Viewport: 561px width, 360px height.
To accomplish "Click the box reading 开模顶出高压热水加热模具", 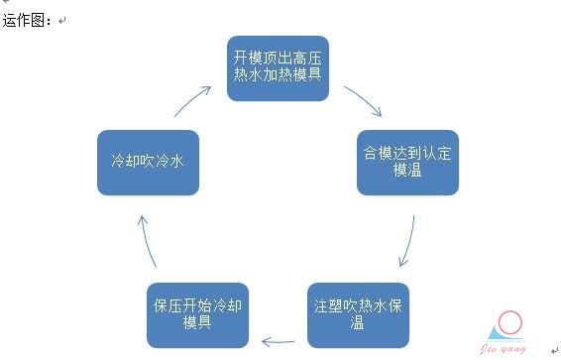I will coord(278,67).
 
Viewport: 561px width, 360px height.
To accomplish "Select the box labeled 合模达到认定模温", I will coord(407,163).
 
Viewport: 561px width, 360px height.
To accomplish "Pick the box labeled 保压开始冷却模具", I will coord(196,314).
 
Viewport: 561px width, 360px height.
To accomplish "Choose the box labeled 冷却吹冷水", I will coord(148,162).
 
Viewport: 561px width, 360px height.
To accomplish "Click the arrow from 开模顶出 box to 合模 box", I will coord(364,102).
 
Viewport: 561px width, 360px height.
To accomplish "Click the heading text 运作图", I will coord(27,20).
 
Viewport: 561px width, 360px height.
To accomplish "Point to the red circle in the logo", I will coord(510,323).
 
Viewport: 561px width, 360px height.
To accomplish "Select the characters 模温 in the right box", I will coord(407,173).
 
